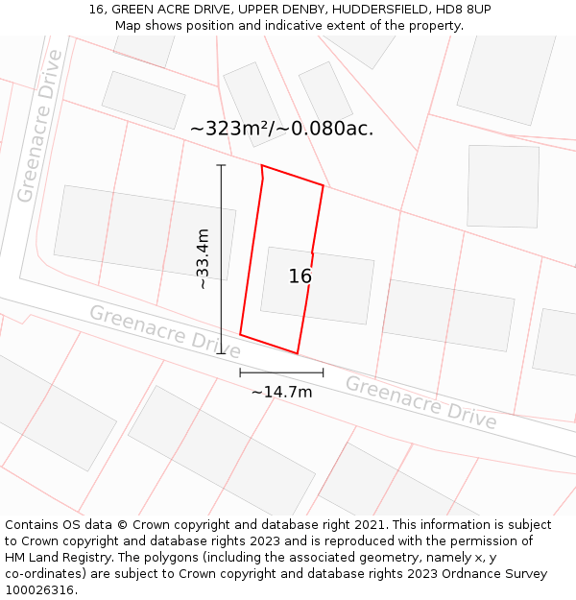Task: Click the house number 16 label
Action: (300, 276)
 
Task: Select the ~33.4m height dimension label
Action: (203, 258)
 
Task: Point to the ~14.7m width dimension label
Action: (281, 392)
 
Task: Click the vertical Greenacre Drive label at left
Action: (39, 126)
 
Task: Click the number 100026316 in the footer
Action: (41, 589)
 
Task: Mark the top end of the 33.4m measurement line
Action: (221, 165)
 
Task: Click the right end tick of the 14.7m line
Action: (324, 372)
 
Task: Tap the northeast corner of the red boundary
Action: (324, 186)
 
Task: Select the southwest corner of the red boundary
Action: (240, 335)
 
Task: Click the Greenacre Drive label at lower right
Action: (420, 402)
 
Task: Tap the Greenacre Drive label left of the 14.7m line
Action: (164, 332)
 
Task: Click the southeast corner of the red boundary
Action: (298, 353)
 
